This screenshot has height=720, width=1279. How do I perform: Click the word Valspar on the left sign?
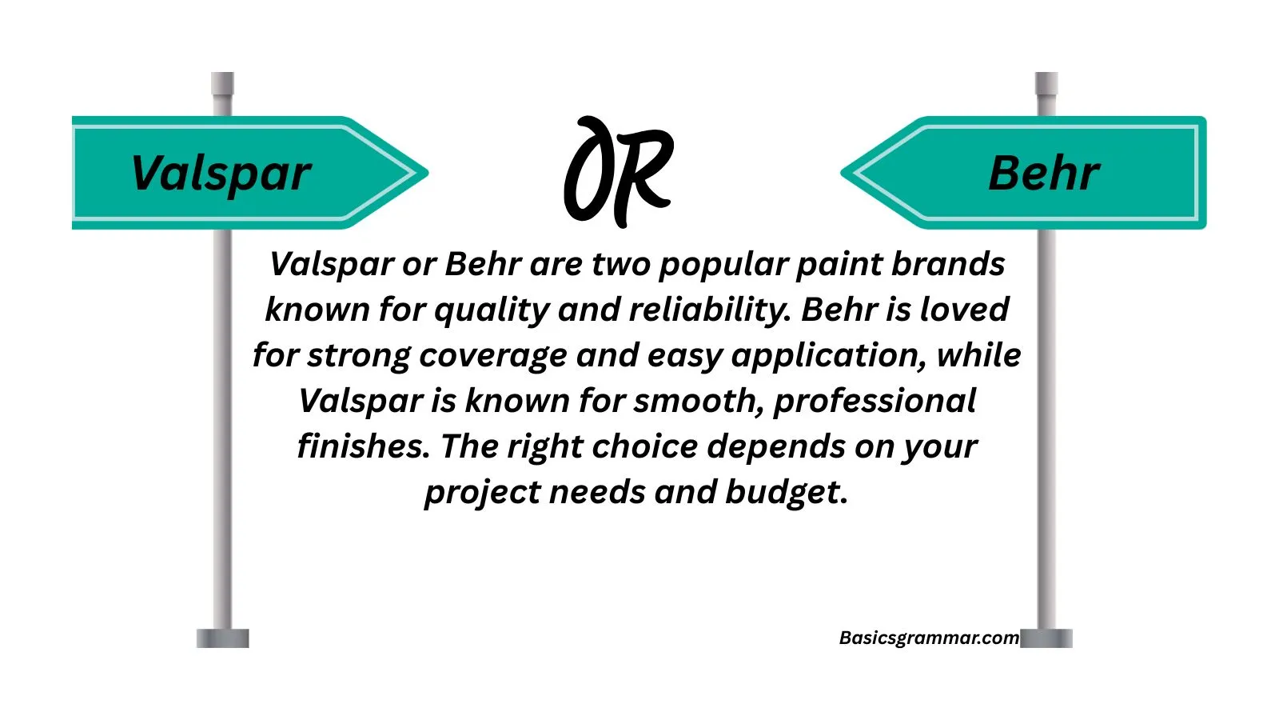coord(221,174)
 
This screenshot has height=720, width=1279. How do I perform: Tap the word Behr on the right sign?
coord(1044,174)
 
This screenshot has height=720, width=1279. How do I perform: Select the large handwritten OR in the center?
coord(619,171)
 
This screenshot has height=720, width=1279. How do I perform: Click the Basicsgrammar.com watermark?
coord(929,638)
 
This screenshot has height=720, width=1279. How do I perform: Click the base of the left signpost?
coord(223,638)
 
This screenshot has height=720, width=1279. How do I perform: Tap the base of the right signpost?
coord(1046,638)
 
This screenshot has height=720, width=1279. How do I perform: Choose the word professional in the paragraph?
coord(875,401)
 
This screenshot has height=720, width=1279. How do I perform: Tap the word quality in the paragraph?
coord(491,310)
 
